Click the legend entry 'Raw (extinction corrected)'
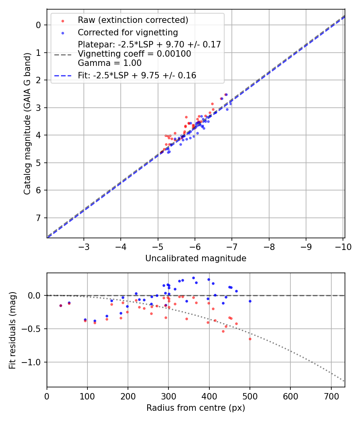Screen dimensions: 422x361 133,20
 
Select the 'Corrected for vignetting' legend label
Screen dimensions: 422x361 128,32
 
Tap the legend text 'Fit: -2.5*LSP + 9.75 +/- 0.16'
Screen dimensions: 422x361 137,75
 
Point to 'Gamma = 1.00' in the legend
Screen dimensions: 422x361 110,63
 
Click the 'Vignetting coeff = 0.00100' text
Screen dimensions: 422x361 134,54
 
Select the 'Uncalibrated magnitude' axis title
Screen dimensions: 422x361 196,258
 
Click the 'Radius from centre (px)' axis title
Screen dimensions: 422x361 196,408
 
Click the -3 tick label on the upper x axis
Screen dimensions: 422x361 84,246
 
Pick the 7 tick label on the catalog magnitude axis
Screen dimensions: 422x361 39,218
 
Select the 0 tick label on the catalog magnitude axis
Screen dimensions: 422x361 39,25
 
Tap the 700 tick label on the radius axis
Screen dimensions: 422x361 331,396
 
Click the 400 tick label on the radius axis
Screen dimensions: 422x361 209,396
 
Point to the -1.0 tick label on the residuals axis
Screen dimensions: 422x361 33,362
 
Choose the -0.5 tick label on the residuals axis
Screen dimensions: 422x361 33,329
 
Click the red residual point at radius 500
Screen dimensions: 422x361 250,339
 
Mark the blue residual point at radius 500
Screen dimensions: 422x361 250,301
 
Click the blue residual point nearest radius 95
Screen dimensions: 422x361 85,320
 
